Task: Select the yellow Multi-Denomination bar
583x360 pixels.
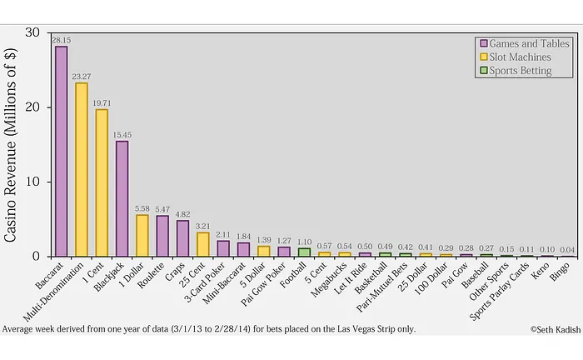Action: (82, 170)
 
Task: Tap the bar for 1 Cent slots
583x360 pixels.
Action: (102, 183)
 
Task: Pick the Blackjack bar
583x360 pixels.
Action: (122, 199)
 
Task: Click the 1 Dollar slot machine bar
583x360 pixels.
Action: (142, 236)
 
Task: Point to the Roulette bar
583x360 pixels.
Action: (162, 237)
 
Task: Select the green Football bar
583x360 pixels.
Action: (304, 252)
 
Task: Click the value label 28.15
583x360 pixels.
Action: (61, 40)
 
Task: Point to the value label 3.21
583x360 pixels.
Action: (202, 226)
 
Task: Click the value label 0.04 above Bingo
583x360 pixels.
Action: (566, 249)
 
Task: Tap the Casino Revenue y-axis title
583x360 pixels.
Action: (12, 144)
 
